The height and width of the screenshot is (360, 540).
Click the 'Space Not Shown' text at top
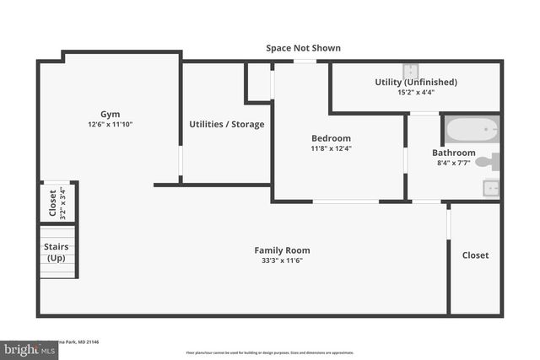click(303, 48)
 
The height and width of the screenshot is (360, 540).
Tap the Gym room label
click(111, 113)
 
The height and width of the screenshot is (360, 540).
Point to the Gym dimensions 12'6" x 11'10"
click(111, 124)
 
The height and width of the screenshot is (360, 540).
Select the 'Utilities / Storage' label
click(226, 124)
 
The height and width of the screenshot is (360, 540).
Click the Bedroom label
click(331, 138)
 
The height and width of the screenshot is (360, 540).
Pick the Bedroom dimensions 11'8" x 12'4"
click(331, 148)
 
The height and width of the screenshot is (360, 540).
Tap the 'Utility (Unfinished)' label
click(416, 82)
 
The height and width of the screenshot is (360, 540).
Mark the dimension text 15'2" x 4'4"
click(416, 92)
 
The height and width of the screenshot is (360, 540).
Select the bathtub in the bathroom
click(471, 130)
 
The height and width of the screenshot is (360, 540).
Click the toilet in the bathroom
click(489, 161)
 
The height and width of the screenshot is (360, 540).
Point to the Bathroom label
click(452, 153)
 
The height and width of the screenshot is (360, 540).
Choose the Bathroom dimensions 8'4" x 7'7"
click(452, 164)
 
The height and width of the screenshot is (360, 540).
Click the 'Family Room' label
click(282, 250)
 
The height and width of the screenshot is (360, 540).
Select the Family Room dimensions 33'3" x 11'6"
click(282, 261)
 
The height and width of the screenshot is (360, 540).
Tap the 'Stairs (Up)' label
click(56, 252)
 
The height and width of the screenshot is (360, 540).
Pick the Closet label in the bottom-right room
click(475, 255)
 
